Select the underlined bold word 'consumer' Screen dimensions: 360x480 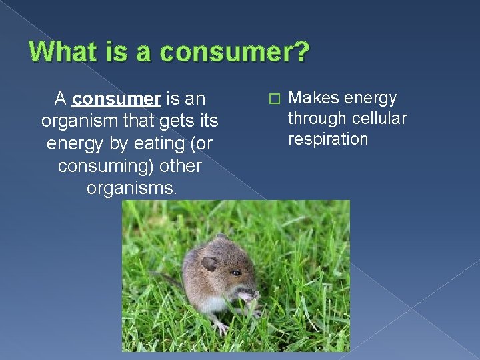point(117,99)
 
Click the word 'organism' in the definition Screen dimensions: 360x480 point(75,121)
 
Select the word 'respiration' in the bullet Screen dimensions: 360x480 point(327,139)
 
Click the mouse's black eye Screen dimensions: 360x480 point(236,273)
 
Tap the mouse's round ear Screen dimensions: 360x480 point(209,263)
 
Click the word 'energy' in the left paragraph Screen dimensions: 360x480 point(71,143)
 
